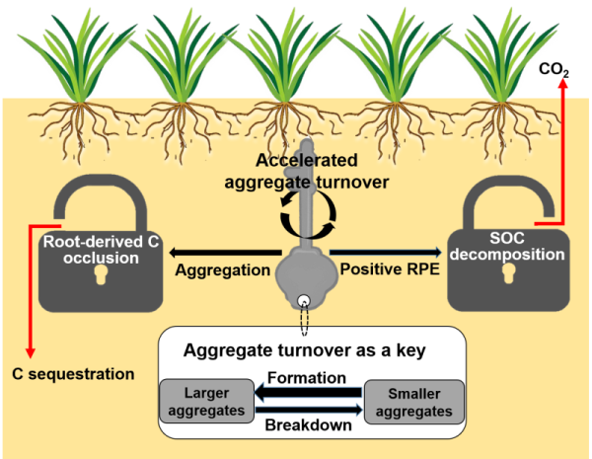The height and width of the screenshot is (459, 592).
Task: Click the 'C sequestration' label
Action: pos(73,374)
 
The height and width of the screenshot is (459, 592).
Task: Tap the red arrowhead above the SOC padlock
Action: pos(562,86)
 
